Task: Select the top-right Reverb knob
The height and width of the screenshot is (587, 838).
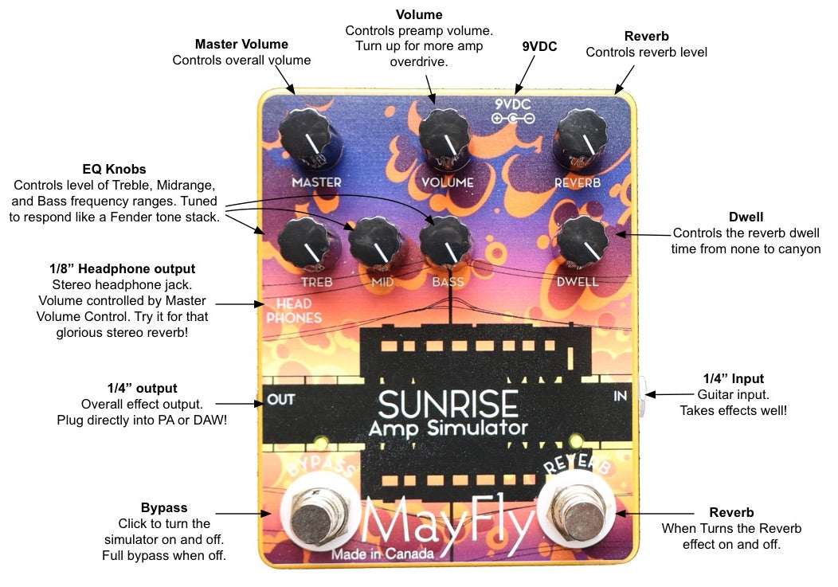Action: coord(581,138)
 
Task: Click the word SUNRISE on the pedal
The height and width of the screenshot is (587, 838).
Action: coord(448,405)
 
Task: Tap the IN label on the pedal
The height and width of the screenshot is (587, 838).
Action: coord(621,395)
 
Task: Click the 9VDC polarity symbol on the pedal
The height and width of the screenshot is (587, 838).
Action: coord(513,119)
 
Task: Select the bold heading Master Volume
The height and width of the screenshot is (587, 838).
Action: coord(241,45)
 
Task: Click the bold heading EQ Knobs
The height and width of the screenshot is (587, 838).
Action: coord(115,170)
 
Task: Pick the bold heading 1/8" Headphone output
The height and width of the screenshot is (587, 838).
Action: coord(123,269)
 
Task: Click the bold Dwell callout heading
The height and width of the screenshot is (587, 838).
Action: coord(746,217)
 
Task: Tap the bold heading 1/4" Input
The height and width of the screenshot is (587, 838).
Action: coord(733,379)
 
